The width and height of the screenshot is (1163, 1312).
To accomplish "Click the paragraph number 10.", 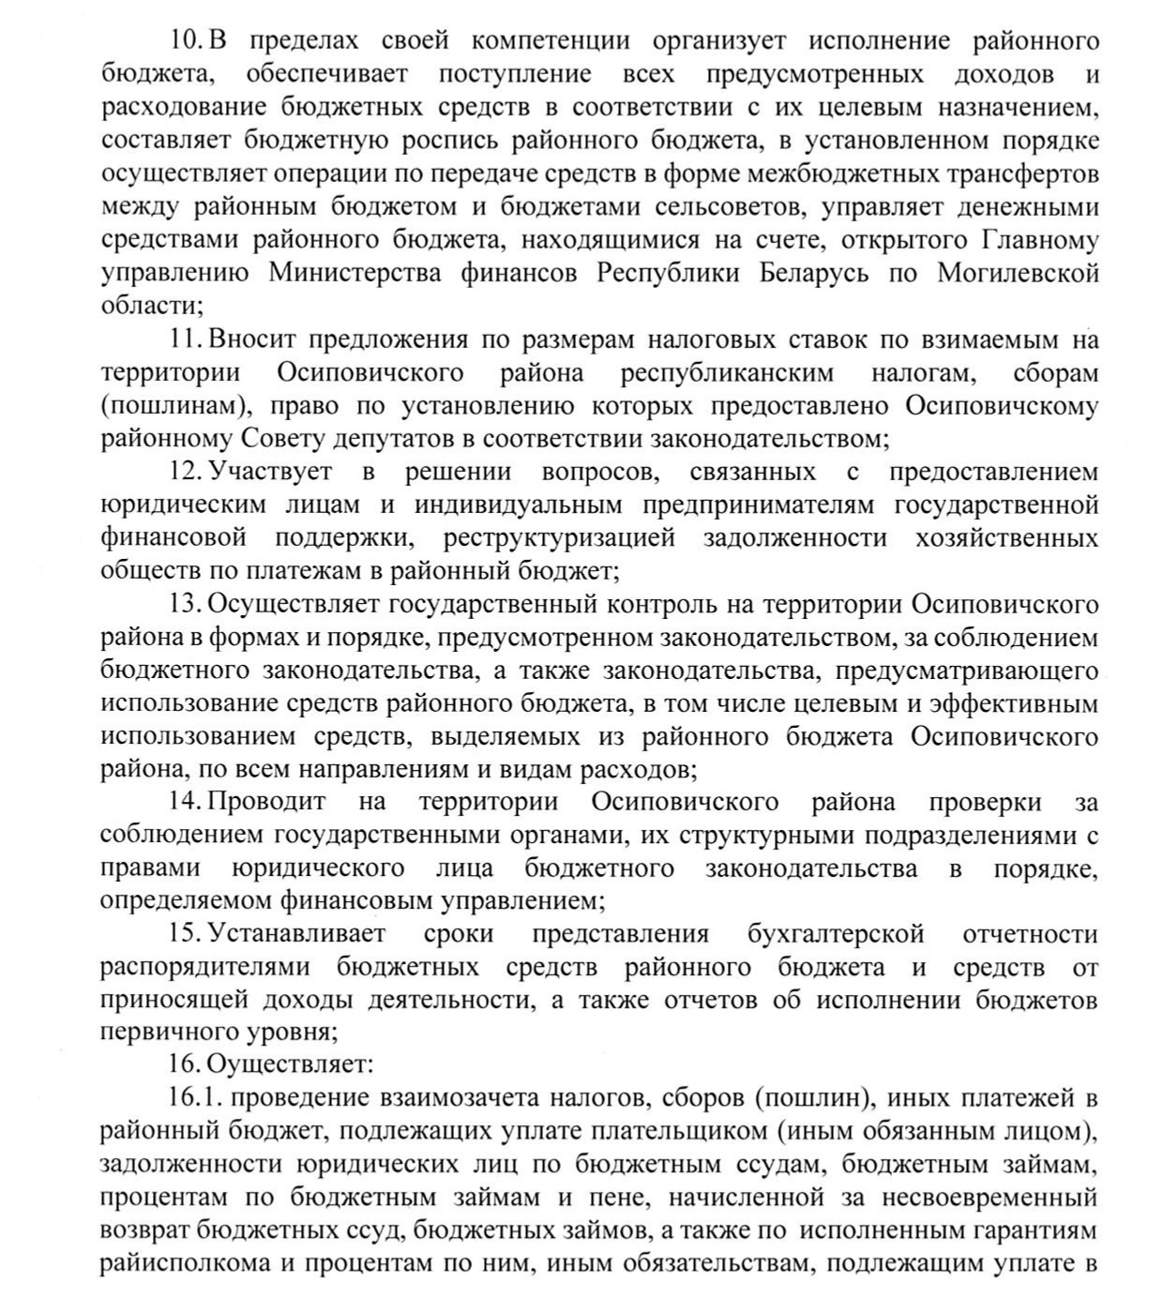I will point(187,41).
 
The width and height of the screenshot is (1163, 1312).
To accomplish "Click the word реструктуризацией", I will point(559,538).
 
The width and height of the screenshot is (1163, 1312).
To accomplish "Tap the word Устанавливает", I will point(296,934).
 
